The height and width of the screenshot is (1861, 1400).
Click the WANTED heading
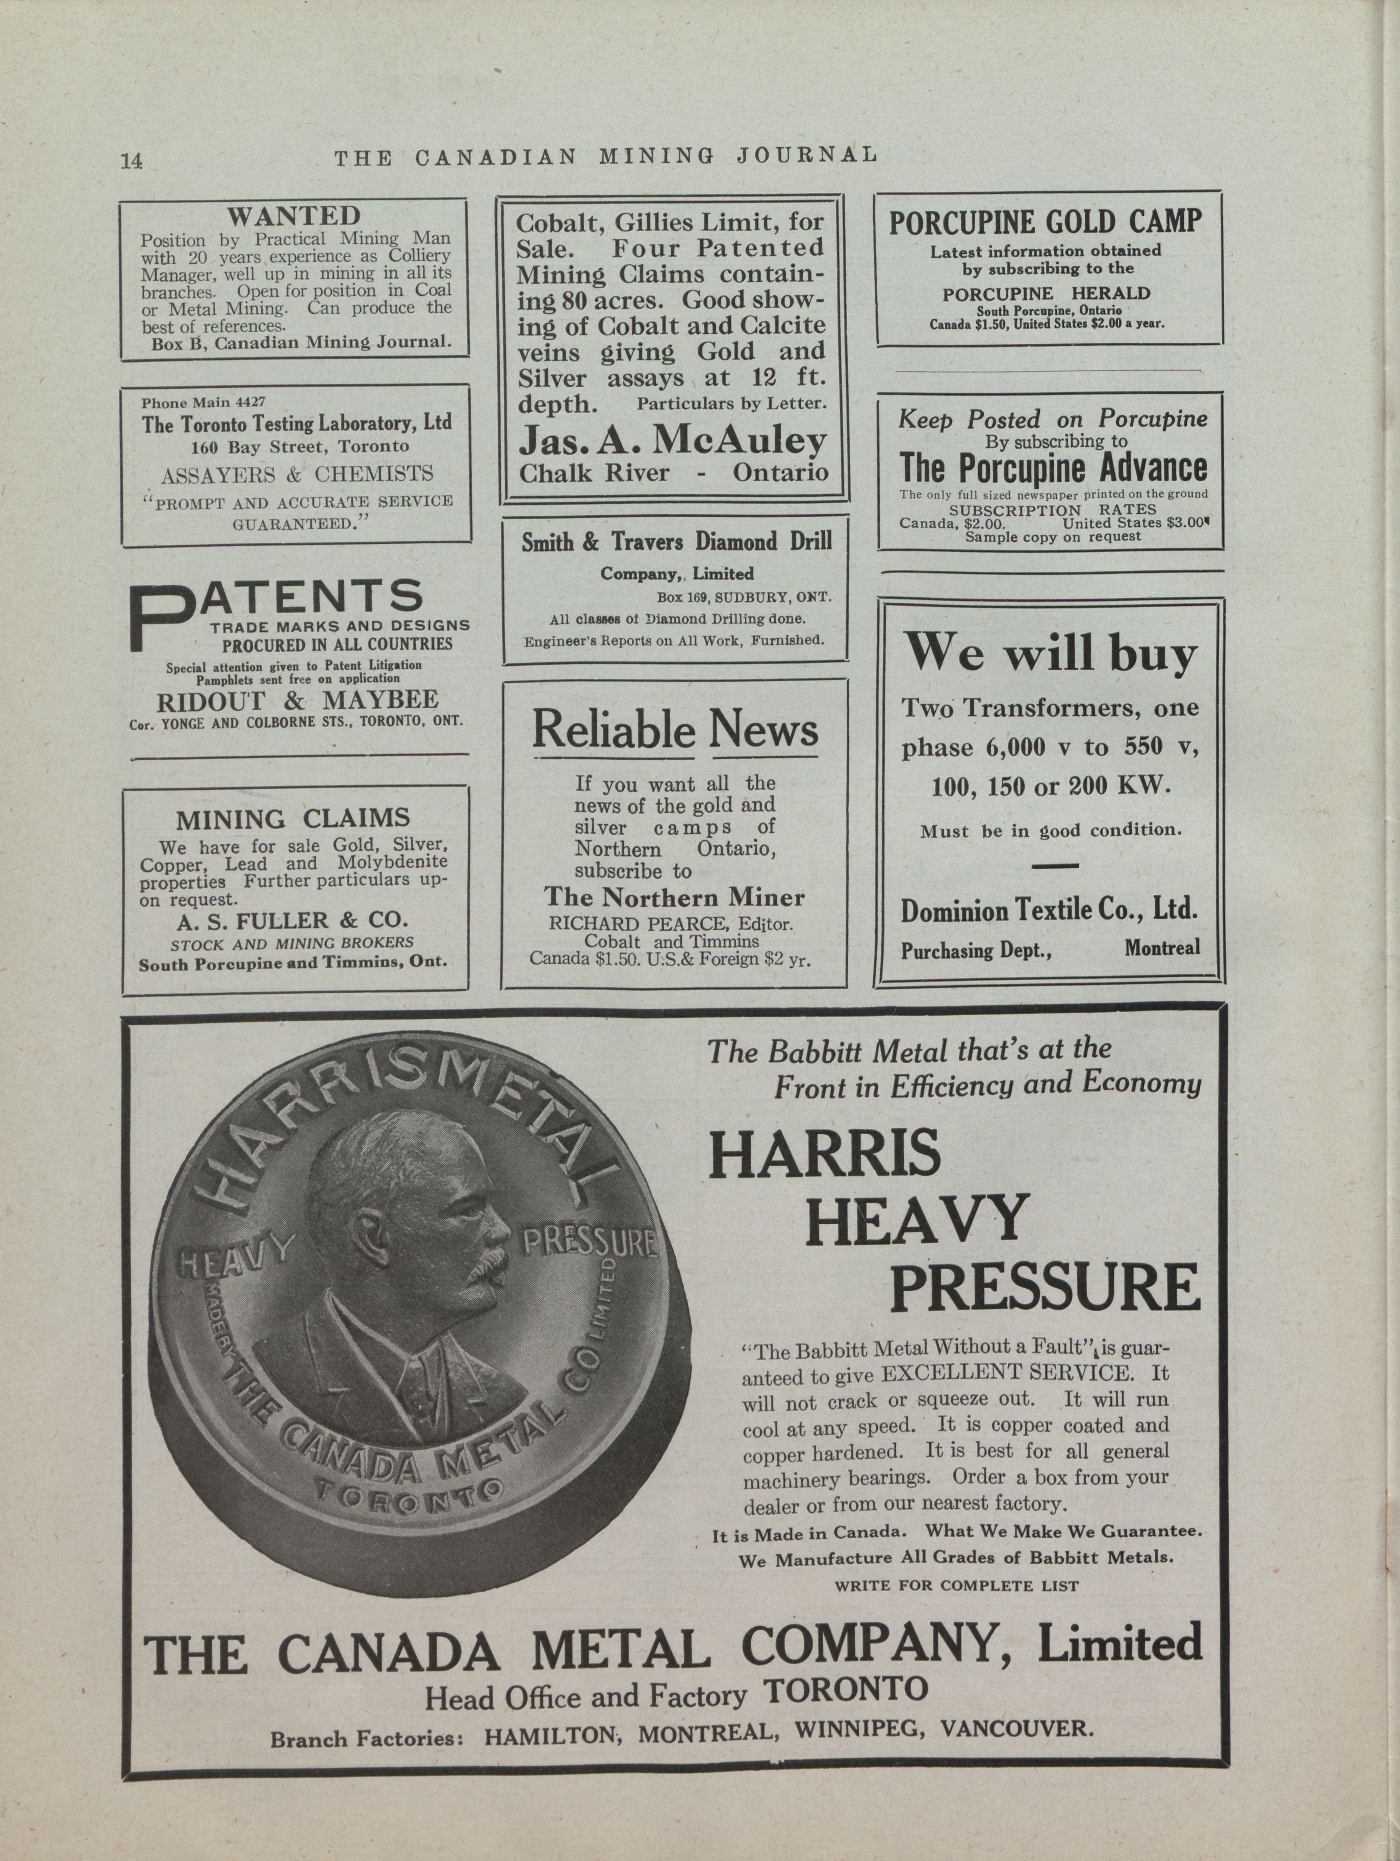pyautogui.click(x=294, y=216)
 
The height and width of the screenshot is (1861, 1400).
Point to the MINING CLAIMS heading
pyautogui.click(x=293, y=818)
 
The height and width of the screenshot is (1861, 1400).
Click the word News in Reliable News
pyautogui.click(x=762, y=730)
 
